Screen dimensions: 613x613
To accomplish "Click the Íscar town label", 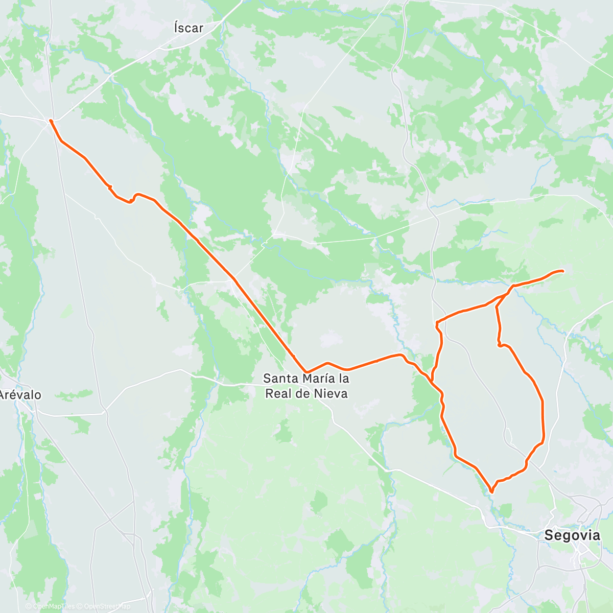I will (188, 29).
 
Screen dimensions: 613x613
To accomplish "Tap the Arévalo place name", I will (19, 395).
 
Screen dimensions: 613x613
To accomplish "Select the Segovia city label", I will (572, 535).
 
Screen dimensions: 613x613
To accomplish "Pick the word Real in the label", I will (292, 393).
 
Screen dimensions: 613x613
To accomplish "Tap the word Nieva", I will (332, 393).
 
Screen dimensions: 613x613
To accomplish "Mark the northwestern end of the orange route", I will (51, 121).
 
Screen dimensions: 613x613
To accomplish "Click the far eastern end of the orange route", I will (562, 271).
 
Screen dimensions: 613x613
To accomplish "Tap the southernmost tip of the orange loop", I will (491, 491).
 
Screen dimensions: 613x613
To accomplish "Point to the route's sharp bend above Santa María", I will (306, 371).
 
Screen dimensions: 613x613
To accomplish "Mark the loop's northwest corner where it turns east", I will (437, 322).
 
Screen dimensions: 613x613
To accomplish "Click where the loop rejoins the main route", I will (432, 381).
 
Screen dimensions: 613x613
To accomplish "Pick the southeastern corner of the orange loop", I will (543, 438).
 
